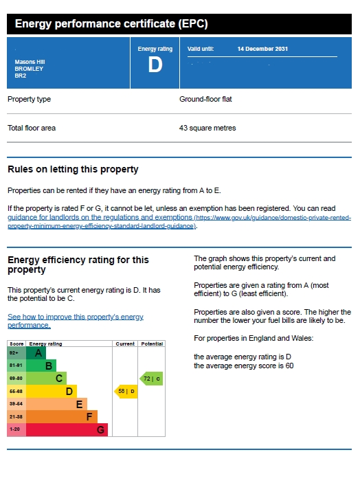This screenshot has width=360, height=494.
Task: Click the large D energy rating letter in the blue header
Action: click(x=155, y=65)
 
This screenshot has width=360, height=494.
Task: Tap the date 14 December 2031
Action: click(x=262, y=49)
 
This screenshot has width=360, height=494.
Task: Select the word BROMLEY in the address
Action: click(x=29, y=69)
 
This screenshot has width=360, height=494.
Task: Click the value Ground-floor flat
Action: click(x=205, y=99)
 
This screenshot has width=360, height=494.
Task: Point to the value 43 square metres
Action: click(x=207, y=128)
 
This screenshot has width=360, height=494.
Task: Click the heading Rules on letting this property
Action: click(x=73, y=169)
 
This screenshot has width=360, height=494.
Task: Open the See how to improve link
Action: click(x=76, y=321)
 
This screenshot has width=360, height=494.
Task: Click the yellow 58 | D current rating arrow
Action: click(x=126, y=392)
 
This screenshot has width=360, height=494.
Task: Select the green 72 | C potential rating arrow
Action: click(x=151, y=379)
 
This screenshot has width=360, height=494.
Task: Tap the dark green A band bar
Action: click(x=36, y=353)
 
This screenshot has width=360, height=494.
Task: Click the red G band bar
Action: click(x=67, y=429)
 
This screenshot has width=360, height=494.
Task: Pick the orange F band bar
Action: click(x=62, y=417)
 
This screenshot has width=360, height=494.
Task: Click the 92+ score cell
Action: click(x=16, y=353)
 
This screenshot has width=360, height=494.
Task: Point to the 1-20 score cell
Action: click(x=16, y=429)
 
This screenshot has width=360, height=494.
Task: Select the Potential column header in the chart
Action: click(x=152, y=344)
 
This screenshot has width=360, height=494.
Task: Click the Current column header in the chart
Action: click(x=125, y=344)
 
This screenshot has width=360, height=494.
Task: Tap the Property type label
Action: click(x=29, y=99)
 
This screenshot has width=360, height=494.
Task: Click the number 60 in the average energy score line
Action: click(x=289, y=366)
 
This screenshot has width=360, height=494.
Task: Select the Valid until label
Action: click(x=201, y=49)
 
